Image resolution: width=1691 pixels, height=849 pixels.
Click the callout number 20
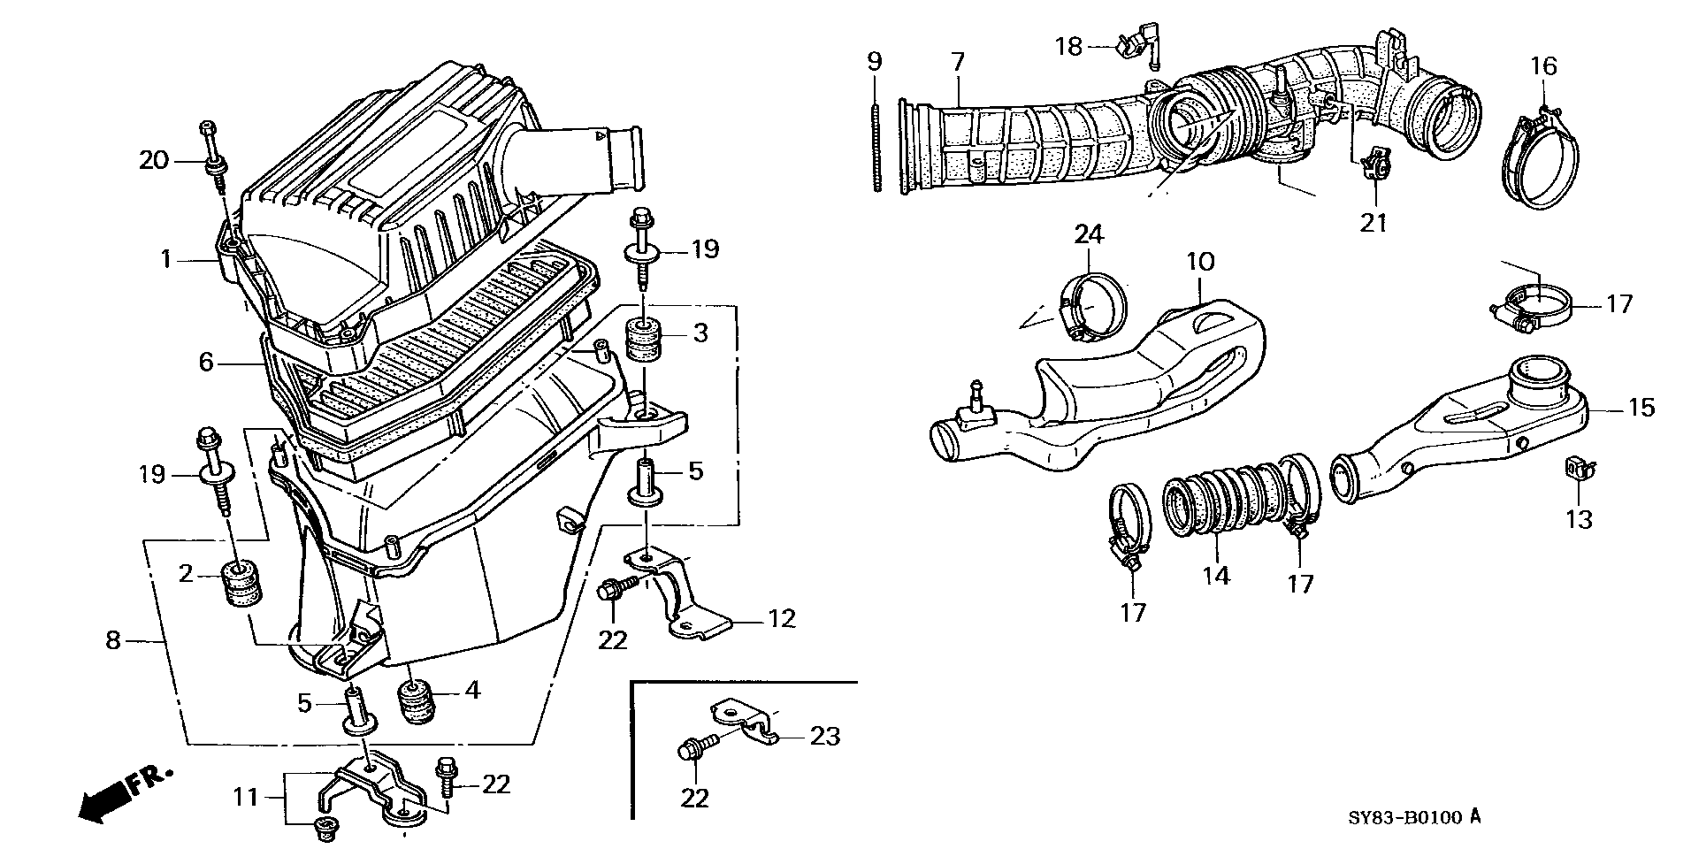153,160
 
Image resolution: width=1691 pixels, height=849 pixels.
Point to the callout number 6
206,362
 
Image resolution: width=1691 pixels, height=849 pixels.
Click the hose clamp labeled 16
1542,158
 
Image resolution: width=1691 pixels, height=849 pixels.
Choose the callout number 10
1200,262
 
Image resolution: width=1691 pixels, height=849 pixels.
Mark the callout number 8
112,640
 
